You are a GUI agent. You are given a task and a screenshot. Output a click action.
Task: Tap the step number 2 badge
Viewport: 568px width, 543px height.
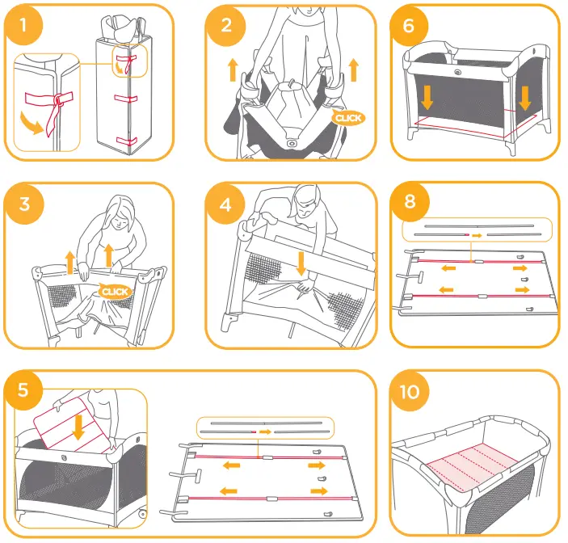tap(225, 24)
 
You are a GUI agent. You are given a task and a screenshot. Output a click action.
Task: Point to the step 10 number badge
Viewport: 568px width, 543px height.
tap(410, 391)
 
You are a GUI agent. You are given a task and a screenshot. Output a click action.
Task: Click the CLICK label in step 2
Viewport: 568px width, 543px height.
tap(349, 118)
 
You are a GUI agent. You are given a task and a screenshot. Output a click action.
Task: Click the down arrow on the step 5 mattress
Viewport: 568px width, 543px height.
tap(78, 425)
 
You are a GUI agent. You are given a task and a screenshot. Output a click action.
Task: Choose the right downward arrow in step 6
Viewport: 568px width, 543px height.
tap(525, 98)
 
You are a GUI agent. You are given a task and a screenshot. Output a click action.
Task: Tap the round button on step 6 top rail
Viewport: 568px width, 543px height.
tap(459, 71)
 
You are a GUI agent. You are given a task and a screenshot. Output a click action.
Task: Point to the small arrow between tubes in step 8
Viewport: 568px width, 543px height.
tap(478, 235)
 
